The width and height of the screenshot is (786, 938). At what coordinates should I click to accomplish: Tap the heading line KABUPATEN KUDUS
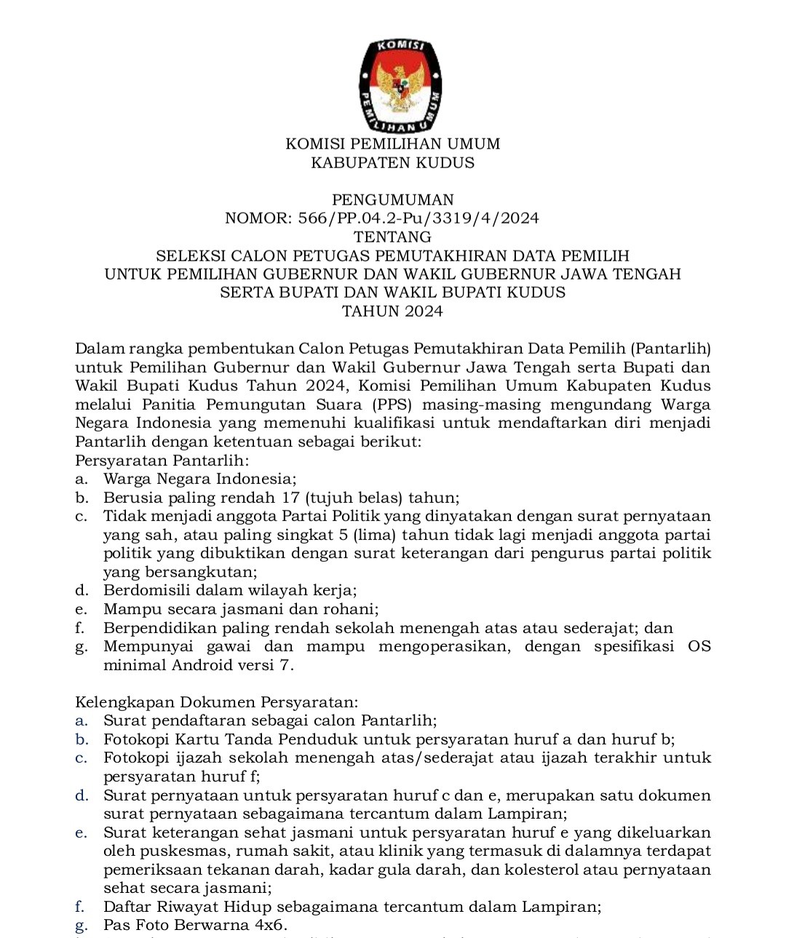coord(393,163)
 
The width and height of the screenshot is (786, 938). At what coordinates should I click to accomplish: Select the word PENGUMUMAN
coord(393,200)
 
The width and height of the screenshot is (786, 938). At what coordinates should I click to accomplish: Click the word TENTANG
coord(393,237)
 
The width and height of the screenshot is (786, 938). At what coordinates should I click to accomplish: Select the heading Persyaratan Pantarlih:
coord(162,461)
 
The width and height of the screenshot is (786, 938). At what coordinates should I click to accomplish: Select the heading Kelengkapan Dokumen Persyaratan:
coord(216,703)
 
